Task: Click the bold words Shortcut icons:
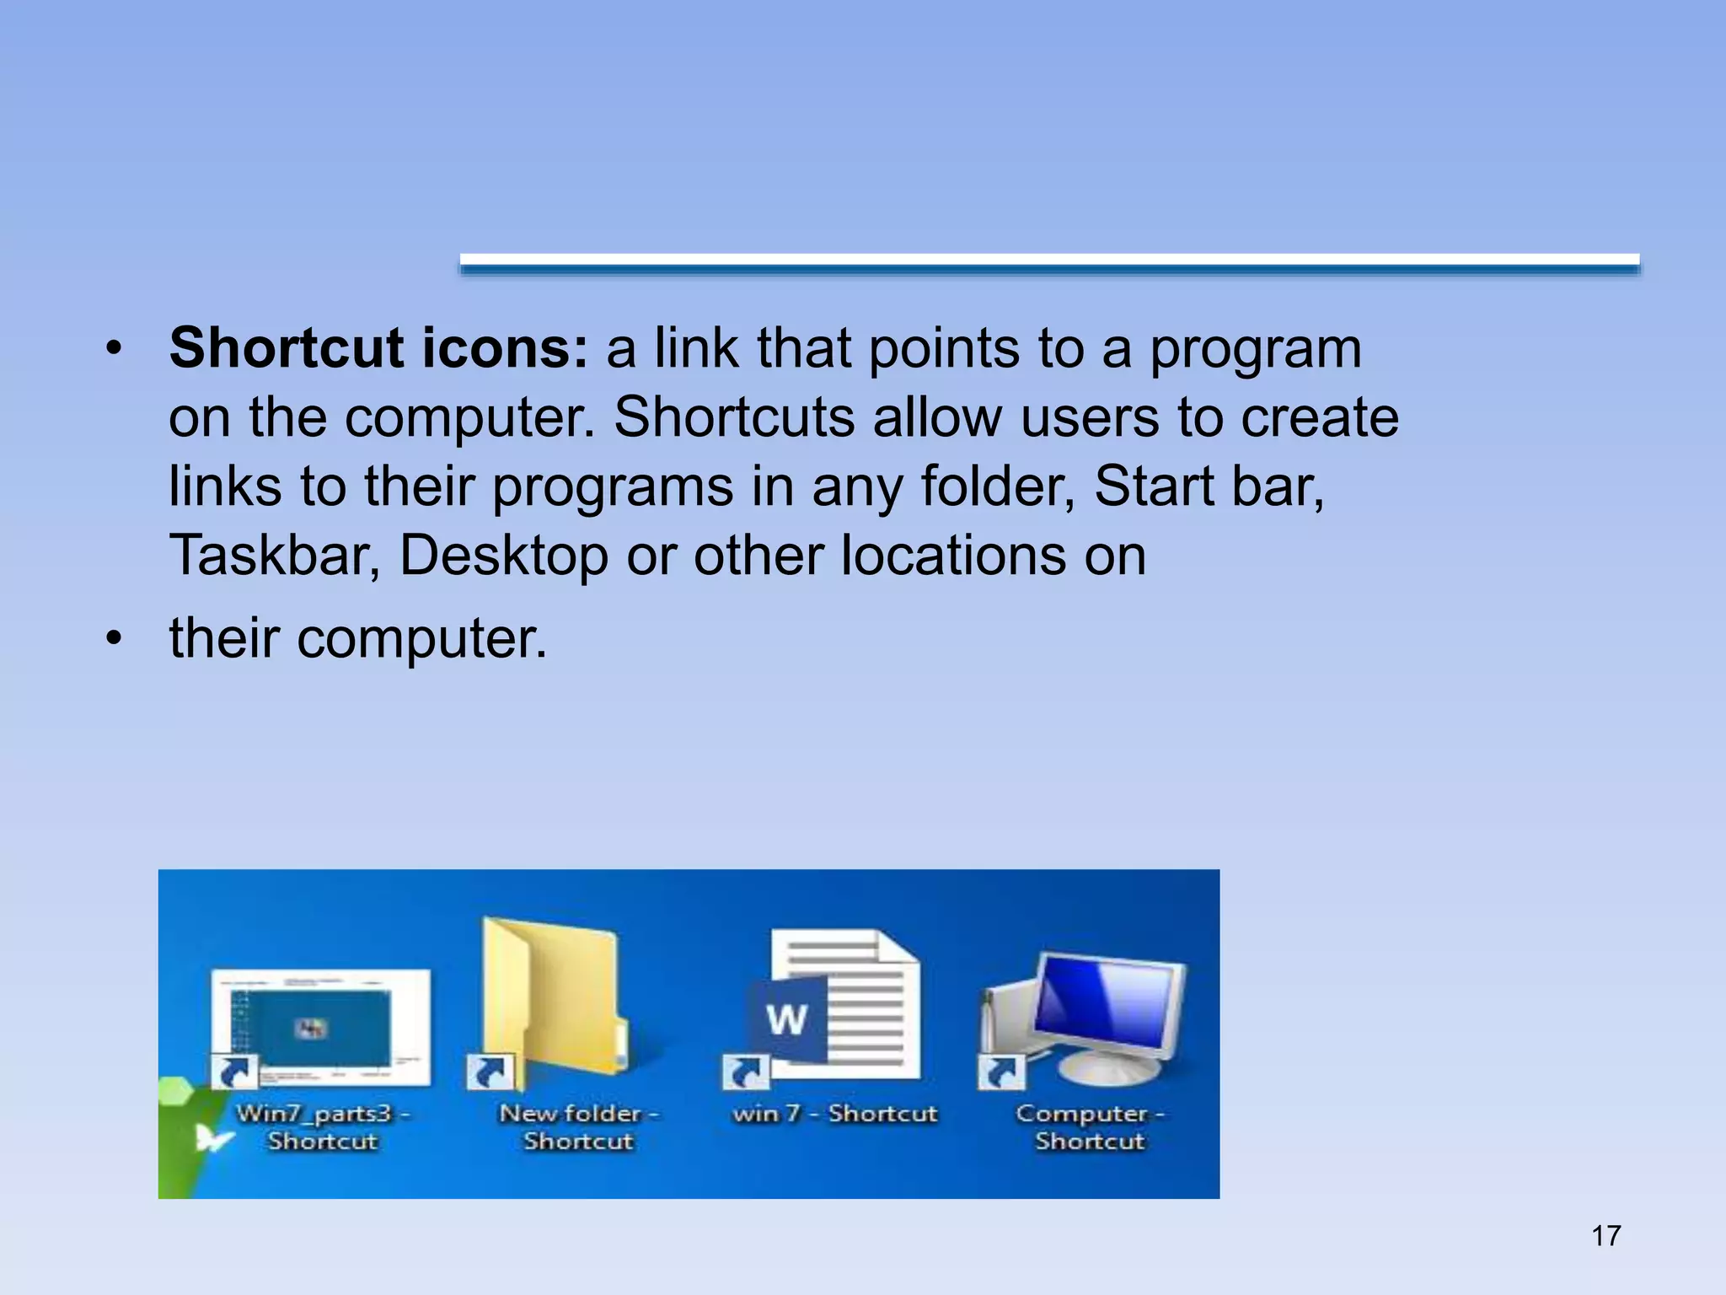pyautogui.click(x=378, y=348)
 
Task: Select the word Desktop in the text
pyautogui.click(x=503, y=556)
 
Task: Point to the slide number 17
pyautogui.click(x=1605, y=1236)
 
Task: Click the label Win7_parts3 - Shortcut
pyautogui.click(x=323, y=1127)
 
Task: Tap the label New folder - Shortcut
pyautogui.click(x=578, y=1127)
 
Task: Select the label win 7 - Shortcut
pyautogui.click(x=834, y=1114)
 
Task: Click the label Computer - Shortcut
pyautogui.click(x=1090, y=1127)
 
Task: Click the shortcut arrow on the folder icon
pyautogui.click(x=490, y=1073)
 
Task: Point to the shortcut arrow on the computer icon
pyautogui.click(x=1001, y=1073)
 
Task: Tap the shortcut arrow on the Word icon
pyautogui.click(x=746, y=1073)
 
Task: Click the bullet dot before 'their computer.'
pyautogui.click(x=114, y=638)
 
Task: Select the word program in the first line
pyautogui.click(x=1255, y=348)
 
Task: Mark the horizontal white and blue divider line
pyautogui.click(x=1049, y=263)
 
